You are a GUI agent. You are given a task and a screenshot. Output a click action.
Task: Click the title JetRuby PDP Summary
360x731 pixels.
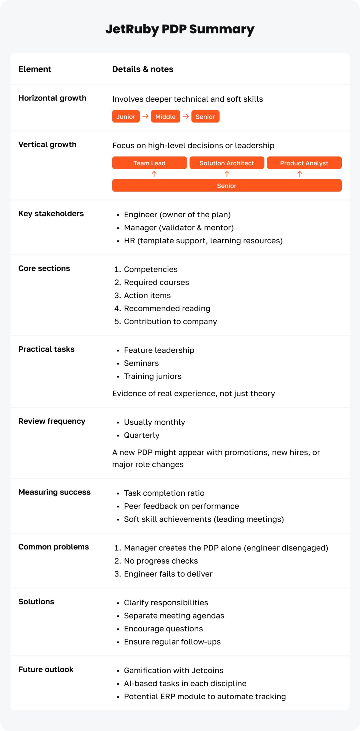pos(180,29)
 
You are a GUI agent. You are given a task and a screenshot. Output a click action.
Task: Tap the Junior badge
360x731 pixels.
pos(126,117)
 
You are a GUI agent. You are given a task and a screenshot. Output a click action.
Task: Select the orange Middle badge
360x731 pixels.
pos(165,117)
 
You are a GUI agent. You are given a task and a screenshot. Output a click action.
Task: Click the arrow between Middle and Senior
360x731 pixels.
pos(186,116)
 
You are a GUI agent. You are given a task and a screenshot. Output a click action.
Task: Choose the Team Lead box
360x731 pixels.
pos(149,163)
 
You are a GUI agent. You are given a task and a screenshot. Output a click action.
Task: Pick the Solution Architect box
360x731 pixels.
pos(227,163)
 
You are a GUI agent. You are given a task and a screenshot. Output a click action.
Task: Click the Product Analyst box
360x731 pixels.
pos(304,163)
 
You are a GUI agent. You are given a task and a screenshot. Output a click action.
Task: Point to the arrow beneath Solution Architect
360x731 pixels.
pos(227,174)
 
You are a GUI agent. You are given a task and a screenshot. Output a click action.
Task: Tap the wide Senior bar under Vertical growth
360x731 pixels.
pos(227,186)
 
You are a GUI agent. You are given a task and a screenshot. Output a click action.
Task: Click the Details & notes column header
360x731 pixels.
pos(143,69)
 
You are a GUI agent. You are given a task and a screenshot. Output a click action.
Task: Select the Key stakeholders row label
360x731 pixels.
pos(51,214)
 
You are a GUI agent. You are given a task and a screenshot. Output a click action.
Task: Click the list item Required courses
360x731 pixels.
pos(156,282)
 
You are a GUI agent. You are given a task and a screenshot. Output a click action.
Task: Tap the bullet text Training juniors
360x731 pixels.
pos(153,376)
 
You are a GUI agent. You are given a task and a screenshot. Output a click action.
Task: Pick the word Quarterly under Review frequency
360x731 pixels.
pos(141,435)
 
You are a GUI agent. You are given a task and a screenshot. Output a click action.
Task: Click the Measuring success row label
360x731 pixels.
pos(54,492)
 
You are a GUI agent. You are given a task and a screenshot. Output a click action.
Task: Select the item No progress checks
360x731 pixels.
pos(161,561)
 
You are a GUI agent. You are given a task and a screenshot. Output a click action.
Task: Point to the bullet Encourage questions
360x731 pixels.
pos(163,629)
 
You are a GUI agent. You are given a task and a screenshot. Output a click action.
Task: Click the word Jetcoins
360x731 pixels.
pos(207,670)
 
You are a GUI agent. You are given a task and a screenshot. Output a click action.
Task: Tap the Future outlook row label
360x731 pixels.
pos(46,670)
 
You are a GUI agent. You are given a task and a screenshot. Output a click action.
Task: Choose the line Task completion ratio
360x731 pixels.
pos(164,493)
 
